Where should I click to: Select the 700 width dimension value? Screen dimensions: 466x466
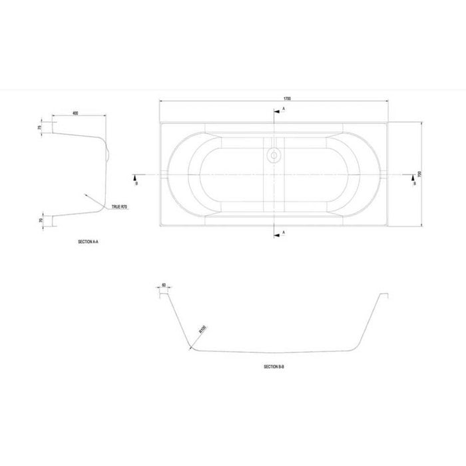pyautogui.click(x=419, y=174)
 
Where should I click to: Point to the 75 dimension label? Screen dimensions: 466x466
pyautogui.click(x=40, y=127)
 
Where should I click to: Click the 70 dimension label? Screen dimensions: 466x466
pyautogui.click(x=41, y=220)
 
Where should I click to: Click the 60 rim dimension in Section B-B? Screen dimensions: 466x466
pyautogui.click(x=163, y=285)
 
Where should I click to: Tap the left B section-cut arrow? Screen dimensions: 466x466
pyautogui.click(x=135, y=178)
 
